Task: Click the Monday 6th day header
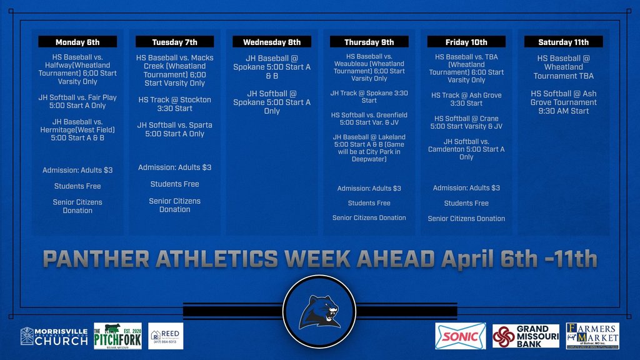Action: (x=77, y=42)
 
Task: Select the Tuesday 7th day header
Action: (x=174, y=42)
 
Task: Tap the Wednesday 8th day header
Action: (x=272, y=42)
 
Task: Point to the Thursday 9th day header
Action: (x=369, y=42)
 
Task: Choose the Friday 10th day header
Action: (x=466, y=42)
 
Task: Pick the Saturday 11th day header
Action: (x=564, y=42)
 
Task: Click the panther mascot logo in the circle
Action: (x=319, y=311)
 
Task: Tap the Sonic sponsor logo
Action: (x=461, y=336)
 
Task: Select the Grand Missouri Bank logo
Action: (x=526, y=336)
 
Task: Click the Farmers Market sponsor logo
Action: (x=592, y=336)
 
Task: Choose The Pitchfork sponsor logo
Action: (x=117, y=336)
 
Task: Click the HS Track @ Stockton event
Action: (x=175, y=104)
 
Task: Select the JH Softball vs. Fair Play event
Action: (x=77, y=101)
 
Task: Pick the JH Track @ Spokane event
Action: (x=369, y=96)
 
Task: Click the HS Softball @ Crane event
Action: (x=466, y=122)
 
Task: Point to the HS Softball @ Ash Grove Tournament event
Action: (x=564, y=102)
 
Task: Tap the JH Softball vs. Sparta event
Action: (x=175, y=129)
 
